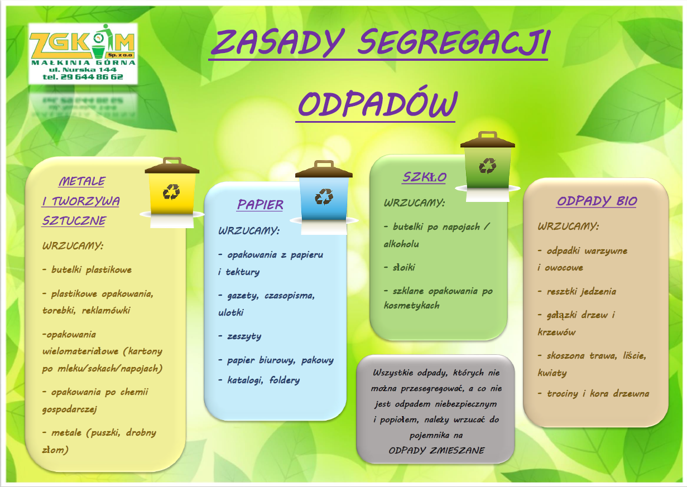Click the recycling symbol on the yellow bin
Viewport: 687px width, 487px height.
click(x=171, y=192)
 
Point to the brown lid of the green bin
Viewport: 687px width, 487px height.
click(x=488, y=140)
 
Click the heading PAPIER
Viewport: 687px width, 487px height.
click(x=260, y=205)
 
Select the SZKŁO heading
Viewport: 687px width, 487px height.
click(x=425, y=177)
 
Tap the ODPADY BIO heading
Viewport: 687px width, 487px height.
click(x=597, y=201)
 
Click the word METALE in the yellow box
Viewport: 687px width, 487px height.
click(x=82, y=181)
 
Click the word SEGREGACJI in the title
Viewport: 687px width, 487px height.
click(x=454, y=42)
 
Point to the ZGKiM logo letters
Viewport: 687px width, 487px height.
click(x=82, y=43)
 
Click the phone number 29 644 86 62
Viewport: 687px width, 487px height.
click(x=92, y=77)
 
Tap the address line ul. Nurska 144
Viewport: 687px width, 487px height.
click(x=83, y=70)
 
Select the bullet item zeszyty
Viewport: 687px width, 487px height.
click(x=240, y=336)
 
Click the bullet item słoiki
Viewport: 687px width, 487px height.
click(x=400, y=268)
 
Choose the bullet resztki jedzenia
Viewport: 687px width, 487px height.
click(x=577, y=291)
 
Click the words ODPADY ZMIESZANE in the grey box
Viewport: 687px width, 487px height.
click(x=436, y=451)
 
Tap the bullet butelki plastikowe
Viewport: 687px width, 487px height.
click(x=87, y=269)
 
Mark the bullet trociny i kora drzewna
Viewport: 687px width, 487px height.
click(x=593, y=393)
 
